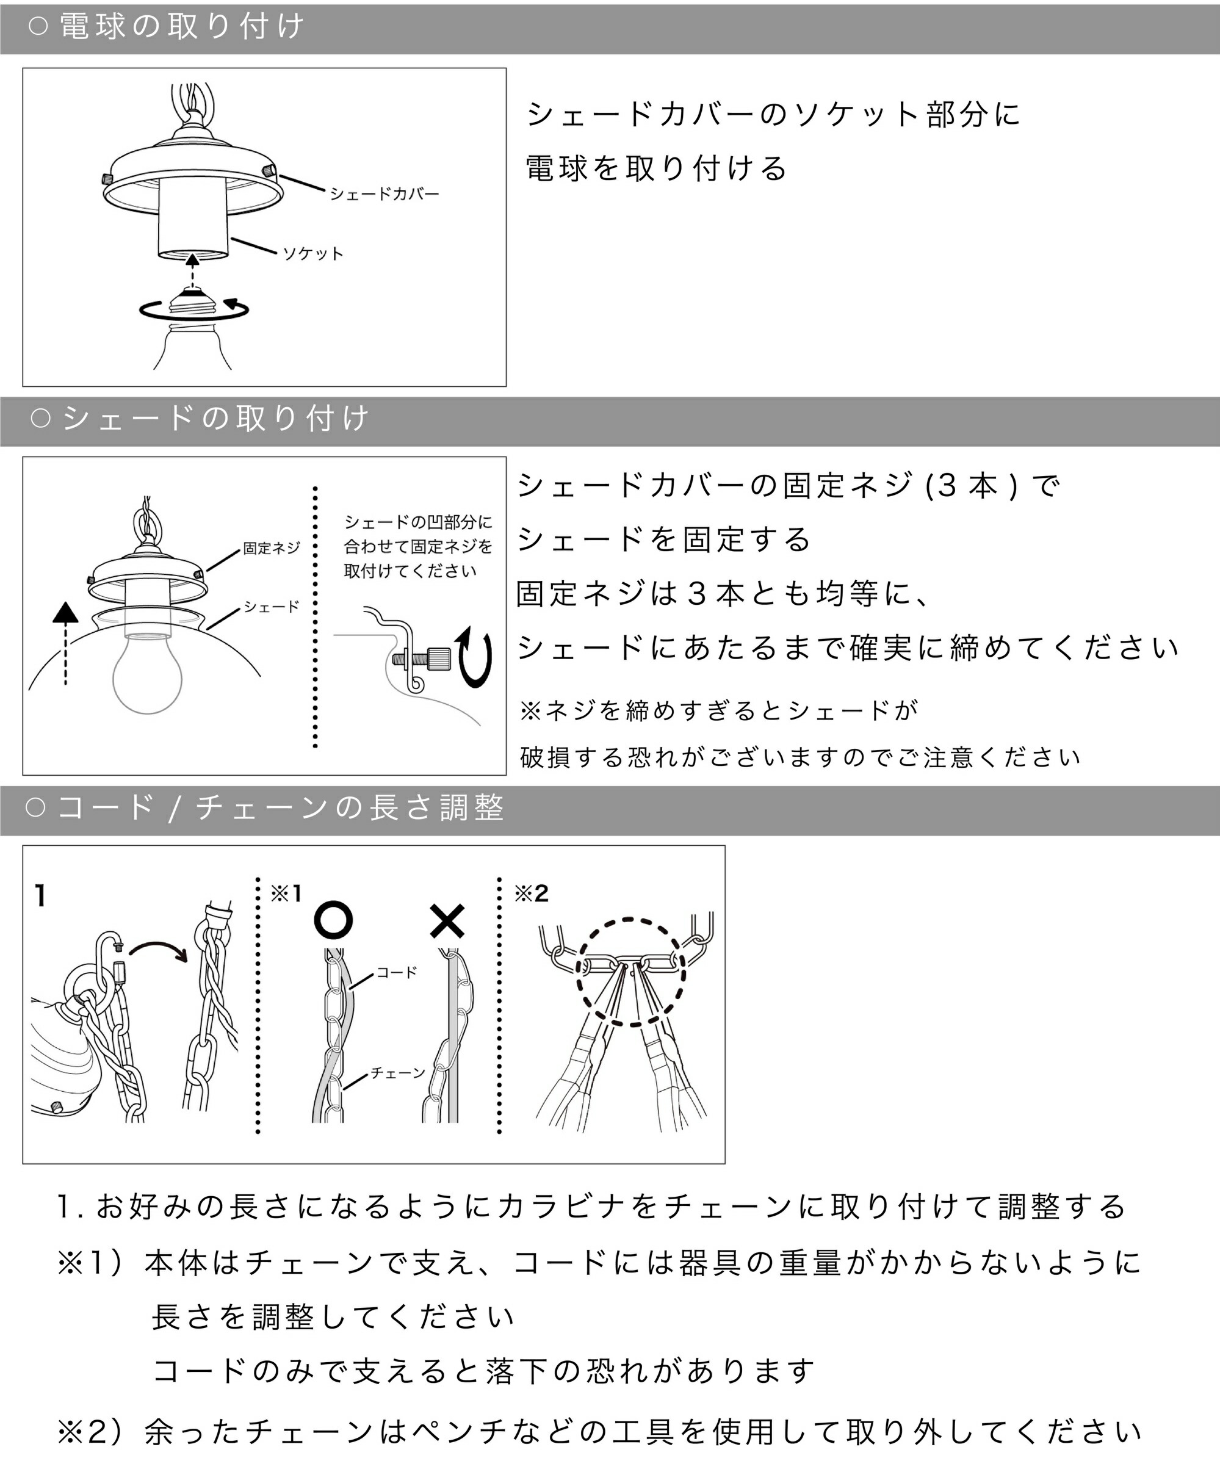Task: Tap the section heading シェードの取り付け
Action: (x=215, y=419)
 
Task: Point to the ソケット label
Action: (x=313, y=254)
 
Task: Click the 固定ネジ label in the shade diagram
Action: (x=272, y=549)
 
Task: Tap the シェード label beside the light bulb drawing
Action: (x=272, y=607)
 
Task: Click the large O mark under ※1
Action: (x=333, y=920)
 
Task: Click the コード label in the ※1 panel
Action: (x=397, y=973)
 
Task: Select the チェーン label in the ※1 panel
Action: (x=398, y=1073)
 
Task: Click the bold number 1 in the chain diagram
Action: (x=40, y=897)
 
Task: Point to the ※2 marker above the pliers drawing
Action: (x=531, y=893)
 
